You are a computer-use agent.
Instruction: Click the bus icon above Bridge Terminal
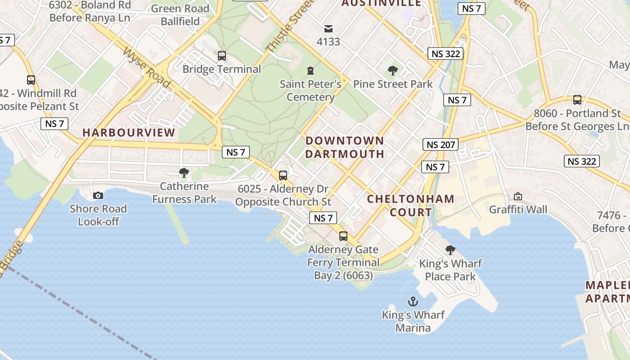click(x=222, y=56)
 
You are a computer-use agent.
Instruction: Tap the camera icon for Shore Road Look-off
click(x=98, y=195)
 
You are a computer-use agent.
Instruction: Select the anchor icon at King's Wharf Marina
click(x=413, y=301)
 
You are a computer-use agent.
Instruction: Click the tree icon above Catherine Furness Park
click(x=184, y=173)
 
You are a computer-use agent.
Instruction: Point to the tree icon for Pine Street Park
click(x=393, y=71)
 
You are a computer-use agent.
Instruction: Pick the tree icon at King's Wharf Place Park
click(x=450, y=250)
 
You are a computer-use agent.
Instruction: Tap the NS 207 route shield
click(x=441, y=144)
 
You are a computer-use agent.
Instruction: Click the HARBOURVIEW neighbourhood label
click(x=129, y=133)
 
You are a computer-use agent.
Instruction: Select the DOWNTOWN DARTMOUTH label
click(x=345, y=147)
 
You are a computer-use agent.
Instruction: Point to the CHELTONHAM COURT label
click(x=410, y=205)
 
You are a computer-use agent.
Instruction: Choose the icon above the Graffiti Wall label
click(x=518, y=196)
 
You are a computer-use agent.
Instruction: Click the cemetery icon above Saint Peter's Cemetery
click(x=310, y=71)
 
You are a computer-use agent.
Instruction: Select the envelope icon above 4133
click(x=328, y=29)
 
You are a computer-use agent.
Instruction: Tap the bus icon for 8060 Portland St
click(x=577, y=100)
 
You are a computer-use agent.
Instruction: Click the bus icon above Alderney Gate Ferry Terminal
click(x=343, y=236)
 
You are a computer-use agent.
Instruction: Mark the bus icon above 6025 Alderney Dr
click(x=283, y=175)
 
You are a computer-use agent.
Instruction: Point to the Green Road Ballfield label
click(x=180, y=15)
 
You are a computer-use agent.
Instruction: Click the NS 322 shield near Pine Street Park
click(x=445, y=54)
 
